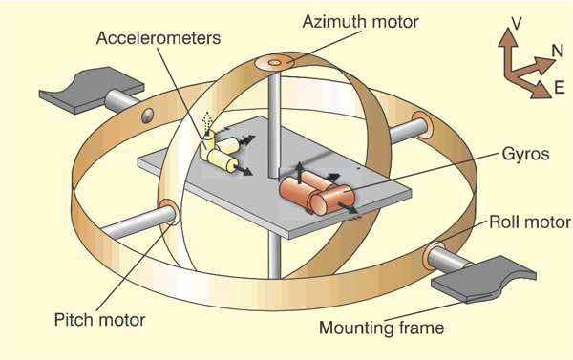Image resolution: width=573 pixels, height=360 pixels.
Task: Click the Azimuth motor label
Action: click(x=360, y=22)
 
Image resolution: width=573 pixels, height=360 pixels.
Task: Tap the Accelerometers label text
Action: click(x=159, y=38)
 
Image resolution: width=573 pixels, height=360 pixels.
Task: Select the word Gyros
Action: click(x=525, y=154)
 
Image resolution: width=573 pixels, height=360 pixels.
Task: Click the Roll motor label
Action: click(x=530, y=222)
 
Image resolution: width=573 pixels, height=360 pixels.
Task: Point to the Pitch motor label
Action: click(x=99, y=320)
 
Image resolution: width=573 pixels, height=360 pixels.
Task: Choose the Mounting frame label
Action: click(x=381, y=328)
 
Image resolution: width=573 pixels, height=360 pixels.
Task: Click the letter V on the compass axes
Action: click(x=517, y=23)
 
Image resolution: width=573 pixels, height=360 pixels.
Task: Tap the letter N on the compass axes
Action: click(x=558, y=51)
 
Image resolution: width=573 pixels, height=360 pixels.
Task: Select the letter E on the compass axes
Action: click(x=559, y=88)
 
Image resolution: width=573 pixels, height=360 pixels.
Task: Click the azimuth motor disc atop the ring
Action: click(x=274, y=63)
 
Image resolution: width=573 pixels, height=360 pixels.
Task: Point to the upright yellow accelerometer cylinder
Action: click(x=207, y=145)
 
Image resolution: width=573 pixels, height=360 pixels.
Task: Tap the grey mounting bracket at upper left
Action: click(x=92, y=89)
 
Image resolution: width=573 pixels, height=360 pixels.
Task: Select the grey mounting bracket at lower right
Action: click(x=483, y=280)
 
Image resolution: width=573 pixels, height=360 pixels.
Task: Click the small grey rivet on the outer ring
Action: click(x=147, y=116)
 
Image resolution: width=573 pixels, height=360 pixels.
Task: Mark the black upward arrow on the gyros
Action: click(x=299, y=173)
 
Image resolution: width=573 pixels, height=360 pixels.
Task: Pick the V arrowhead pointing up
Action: click(x=508, y=37)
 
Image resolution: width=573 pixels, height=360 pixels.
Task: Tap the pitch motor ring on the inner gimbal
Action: click(x=170, y=212)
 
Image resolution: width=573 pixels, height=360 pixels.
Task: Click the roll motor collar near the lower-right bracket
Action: click(x=432, y=255)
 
